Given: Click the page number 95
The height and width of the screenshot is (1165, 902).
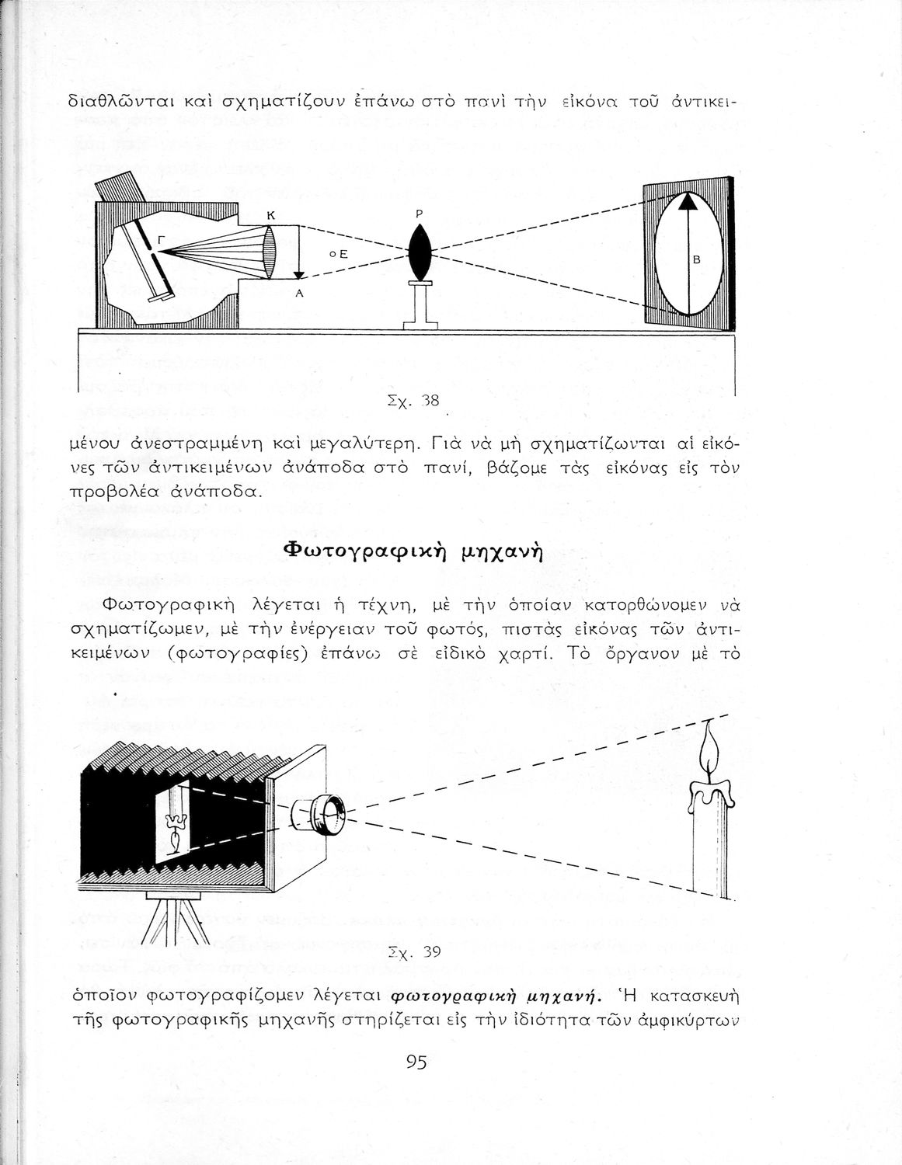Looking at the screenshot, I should [416, 1062].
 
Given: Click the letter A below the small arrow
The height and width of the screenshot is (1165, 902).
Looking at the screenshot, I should [298, 294].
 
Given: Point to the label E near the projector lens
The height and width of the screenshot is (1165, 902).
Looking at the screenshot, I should [340, 254].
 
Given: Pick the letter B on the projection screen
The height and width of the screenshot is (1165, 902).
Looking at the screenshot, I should [696, 261].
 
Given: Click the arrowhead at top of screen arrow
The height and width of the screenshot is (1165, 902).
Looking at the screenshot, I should [687, 200].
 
